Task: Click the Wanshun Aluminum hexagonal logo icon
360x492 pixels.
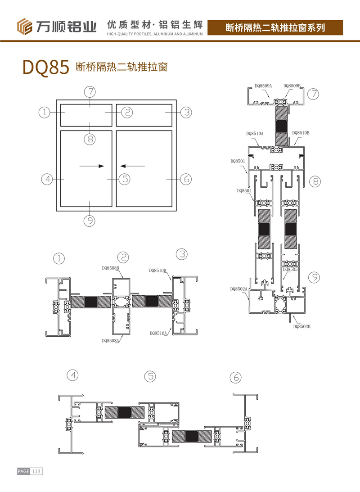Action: (24, 27)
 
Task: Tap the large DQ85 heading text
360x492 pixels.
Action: (46, 67)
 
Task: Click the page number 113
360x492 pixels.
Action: (36, 471)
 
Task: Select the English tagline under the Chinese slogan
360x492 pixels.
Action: (155, 34)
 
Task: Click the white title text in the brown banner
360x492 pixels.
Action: (275, 27)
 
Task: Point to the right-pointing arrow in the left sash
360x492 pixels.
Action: (92, 166)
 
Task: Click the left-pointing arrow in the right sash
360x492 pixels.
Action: (133, 166)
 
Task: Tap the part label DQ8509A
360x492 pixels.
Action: (263, 86)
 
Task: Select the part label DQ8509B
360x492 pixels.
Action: (292, 86)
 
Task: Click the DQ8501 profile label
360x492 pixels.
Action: (238, 161)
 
